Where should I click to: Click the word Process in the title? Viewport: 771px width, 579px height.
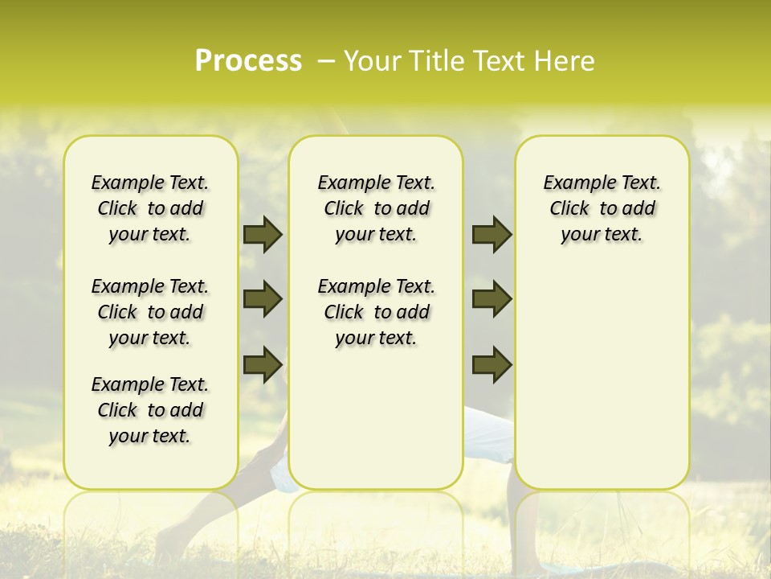(x=248, y=61)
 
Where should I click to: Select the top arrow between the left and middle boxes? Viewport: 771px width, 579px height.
(x=263, y=234)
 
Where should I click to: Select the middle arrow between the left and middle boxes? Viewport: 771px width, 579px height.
(x=263, y=299)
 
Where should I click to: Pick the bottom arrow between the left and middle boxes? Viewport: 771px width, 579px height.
(x=263, y=363)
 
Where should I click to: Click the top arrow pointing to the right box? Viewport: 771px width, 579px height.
(x=492, y=234)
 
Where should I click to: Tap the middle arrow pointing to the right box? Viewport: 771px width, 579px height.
(x=492, y=299)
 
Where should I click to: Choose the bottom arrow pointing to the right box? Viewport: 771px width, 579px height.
(x=492, y=363)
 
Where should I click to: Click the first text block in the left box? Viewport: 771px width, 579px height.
(x=150, y=208)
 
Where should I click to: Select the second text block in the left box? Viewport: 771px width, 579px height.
(x=150, y=312)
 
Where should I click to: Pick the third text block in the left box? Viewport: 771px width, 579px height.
(x=150, y=410)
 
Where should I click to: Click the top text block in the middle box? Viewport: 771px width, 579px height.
(x=376, y=208)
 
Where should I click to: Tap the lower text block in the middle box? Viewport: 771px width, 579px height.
(x=376, y=312)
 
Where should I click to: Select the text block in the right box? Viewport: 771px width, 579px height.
(x=602, y=208)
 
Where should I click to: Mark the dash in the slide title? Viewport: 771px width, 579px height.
(x=326, y=61)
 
